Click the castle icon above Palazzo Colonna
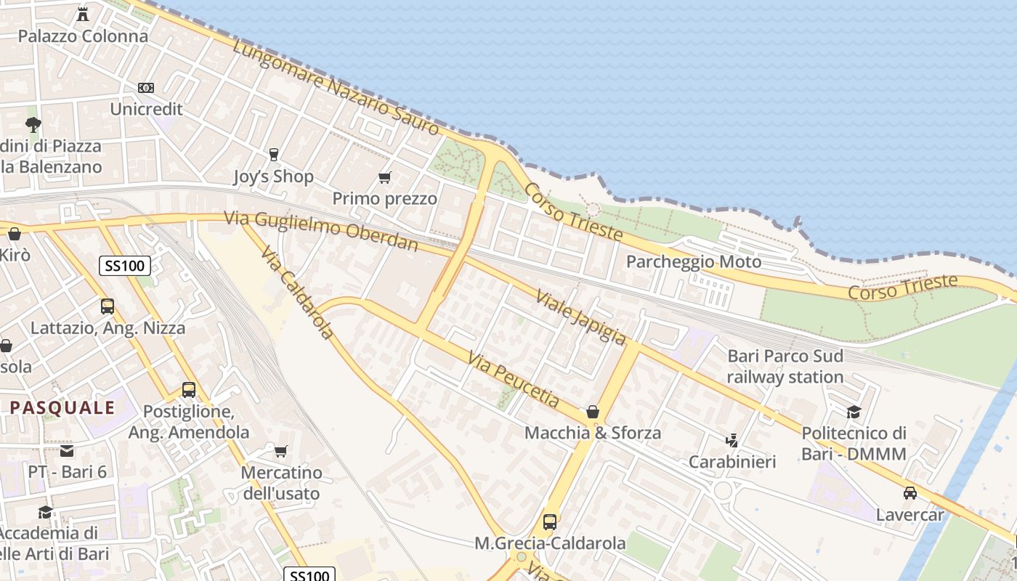pyautogui.click(x=83, y=14)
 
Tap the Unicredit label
pyautogui.click(x=146, y=109)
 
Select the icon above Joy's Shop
pyautogui.click(x=274, y=154)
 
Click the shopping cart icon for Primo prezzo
pyautogui.click(x=385, y=177)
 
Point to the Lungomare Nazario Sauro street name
pyautogui.click(x=336, y=86)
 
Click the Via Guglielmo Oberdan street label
pyautogui.click(x=321, y=230)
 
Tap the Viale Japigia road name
pyautogui.click(x=580, y=317)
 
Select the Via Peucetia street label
pyautogui.click(x=514, y=380)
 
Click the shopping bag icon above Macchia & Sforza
pyautogui.click(x=593, y=412)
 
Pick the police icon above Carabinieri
pyautogui.click(x=732, y=440)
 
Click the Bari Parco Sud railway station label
pyautogui.click(x=785, y=367)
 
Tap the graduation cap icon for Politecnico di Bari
pyautogui.click(x=854, y=412)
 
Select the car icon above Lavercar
pyautogui.click(x=909, y=493)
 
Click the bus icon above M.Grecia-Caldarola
pyautogui.click(x=550, y=521)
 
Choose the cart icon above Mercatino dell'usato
pyautogui.click(x=281, y=451)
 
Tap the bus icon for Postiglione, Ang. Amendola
pyautogui.click(x=189, y=390)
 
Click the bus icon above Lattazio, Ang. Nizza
pyautogui.click(x=108, y=306)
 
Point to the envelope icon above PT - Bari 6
pyautogui.click(x=67, y=450)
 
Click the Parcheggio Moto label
pyautogui.click(x=694, y=261)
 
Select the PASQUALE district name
pyautogui.click(x=62, y=407)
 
